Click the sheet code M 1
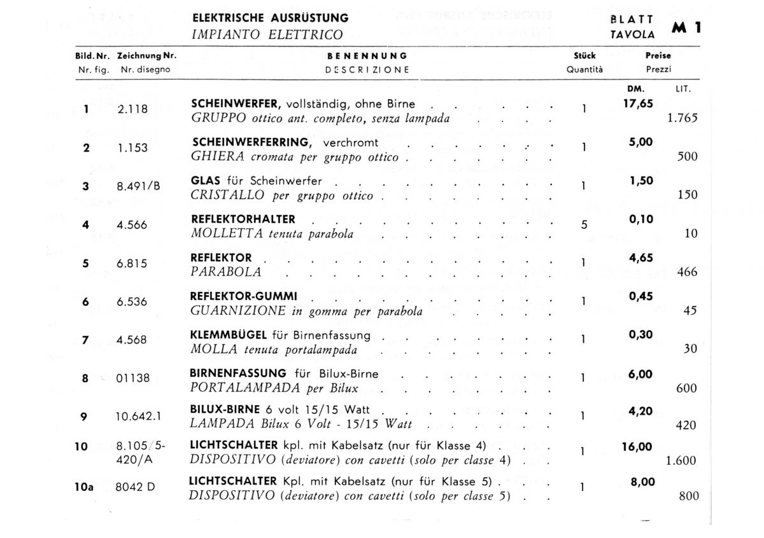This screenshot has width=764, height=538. tap(686, 28)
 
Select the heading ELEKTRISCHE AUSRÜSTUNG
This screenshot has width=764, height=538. tap(270, 18)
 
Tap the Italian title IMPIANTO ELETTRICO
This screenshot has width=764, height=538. tap(267, 35)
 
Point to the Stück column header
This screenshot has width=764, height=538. tap(584, 57)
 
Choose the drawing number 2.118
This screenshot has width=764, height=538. tap(132, 109)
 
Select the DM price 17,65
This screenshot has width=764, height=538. tap(638, 104)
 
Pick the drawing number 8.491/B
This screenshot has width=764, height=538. tap(138, 187)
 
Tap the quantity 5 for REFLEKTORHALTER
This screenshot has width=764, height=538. tap(584, 224)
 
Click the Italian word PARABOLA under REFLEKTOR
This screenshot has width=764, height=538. tap(226, 272)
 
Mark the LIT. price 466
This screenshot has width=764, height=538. tap(688, 272)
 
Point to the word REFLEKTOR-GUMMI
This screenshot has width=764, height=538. tap(243, 297)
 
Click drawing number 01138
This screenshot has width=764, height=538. tap(133, 378)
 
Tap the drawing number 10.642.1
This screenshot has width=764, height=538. tap(138, 417)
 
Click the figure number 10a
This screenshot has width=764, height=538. tap(83, 488)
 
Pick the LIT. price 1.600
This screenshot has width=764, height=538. tap(681, 461)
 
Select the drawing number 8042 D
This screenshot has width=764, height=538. tap(136, 488)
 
